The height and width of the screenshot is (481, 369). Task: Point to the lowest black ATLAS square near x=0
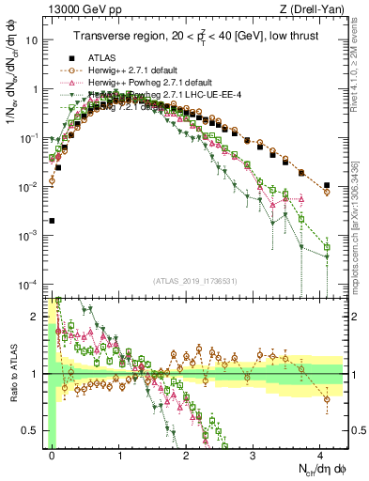coord(52,221)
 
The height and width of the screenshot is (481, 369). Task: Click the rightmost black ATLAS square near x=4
coord(326,185)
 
